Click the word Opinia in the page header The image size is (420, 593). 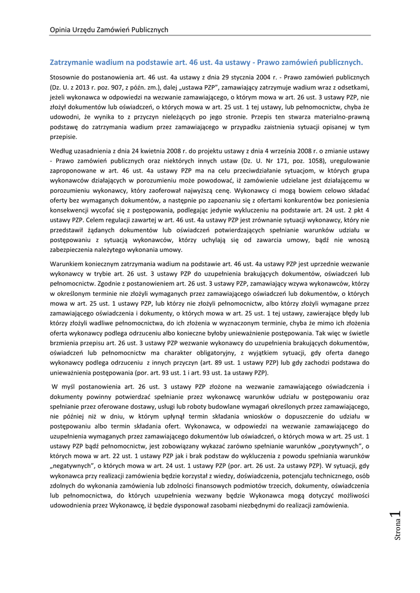61,30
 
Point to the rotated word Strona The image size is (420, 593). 398,532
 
